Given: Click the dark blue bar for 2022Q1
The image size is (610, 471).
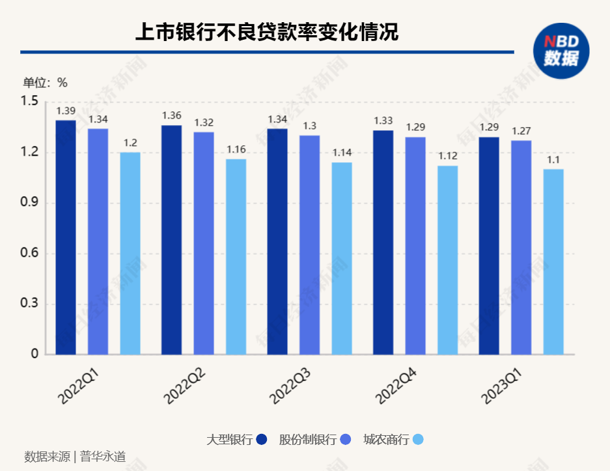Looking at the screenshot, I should (66, 238).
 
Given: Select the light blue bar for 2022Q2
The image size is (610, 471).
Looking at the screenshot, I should (236, 257).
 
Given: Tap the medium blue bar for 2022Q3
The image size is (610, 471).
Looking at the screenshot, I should (310, 245).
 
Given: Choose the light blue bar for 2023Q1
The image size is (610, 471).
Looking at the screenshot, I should (553, 262).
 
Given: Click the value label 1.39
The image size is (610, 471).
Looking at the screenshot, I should (66, 111).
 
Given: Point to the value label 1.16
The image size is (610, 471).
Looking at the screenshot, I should (236, 150).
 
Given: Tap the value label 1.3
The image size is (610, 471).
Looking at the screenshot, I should (310, 126).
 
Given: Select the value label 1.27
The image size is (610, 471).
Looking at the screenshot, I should (521, 131).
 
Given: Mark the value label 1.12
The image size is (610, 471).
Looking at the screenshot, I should (447, 156).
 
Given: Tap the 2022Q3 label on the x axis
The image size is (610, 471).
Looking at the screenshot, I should (290, 385).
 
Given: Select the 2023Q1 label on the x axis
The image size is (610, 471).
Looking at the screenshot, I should (501, 385).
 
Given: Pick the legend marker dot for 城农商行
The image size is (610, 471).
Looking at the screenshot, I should (418, 440).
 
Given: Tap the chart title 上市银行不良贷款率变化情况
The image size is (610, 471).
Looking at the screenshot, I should (266, 32).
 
